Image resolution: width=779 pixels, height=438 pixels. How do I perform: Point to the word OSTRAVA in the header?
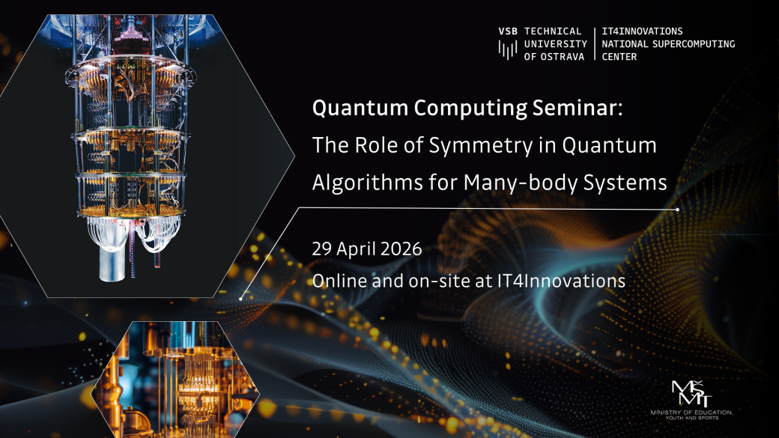[x=562, y=57]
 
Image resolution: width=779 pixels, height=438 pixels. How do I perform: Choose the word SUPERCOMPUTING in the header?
[x=691, y=44]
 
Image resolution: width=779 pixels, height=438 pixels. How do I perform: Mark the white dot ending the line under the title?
[x=678, y=210]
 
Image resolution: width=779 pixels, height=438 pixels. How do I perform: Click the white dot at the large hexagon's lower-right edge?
[x=241, y=299]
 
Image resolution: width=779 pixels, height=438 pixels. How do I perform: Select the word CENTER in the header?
[x=619, y=57]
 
